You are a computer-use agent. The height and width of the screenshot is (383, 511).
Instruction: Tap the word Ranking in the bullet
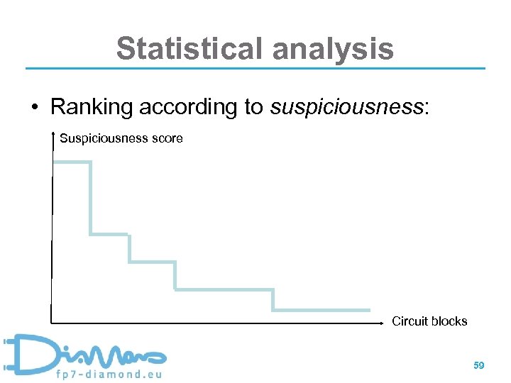pos(92,107)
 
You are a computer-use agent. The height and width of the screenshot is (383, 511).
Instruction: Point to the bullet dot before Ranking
pos(33,108)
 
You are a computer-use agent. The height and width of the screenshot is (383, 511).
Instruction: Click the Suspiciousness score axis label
pos(121,138)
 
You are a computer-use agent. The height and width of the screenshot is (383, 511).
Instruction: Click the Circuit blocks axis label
pos(429,321)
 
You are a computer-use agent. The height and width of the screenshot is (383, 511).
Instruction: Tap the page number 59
pos(479,365)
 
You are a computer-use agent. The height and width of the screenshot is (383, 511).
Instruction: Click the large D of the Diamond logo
pos(28,353)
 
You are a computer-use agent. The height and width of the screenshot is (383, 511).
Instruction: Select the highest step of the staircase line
pos(72,162)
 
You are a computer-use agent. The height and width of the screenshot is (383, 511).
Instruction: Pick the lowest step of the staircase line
pos(322,310)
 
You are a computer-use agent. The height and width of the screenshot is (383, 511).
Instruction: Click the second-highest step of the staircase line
pos(109,233)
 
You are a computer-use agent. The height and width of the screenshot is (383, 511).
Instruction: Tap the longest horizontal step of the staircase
pos(224,289)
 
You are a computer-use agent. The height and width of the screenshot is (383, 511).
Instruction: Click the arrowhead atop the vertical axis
pos(53,135)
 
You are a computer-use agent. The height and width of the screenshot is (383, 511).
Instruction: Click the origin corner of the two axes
pos(52,323)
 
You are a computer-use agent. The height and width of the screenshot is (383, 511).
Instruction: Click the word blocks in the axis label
pos(449,321)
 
